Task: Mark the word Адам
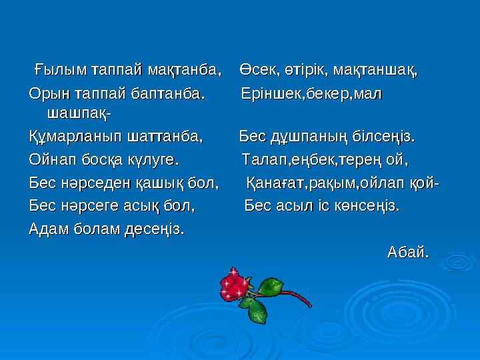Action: [x=48, y=229]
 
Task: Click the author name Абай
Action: [x=408, y=253]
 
